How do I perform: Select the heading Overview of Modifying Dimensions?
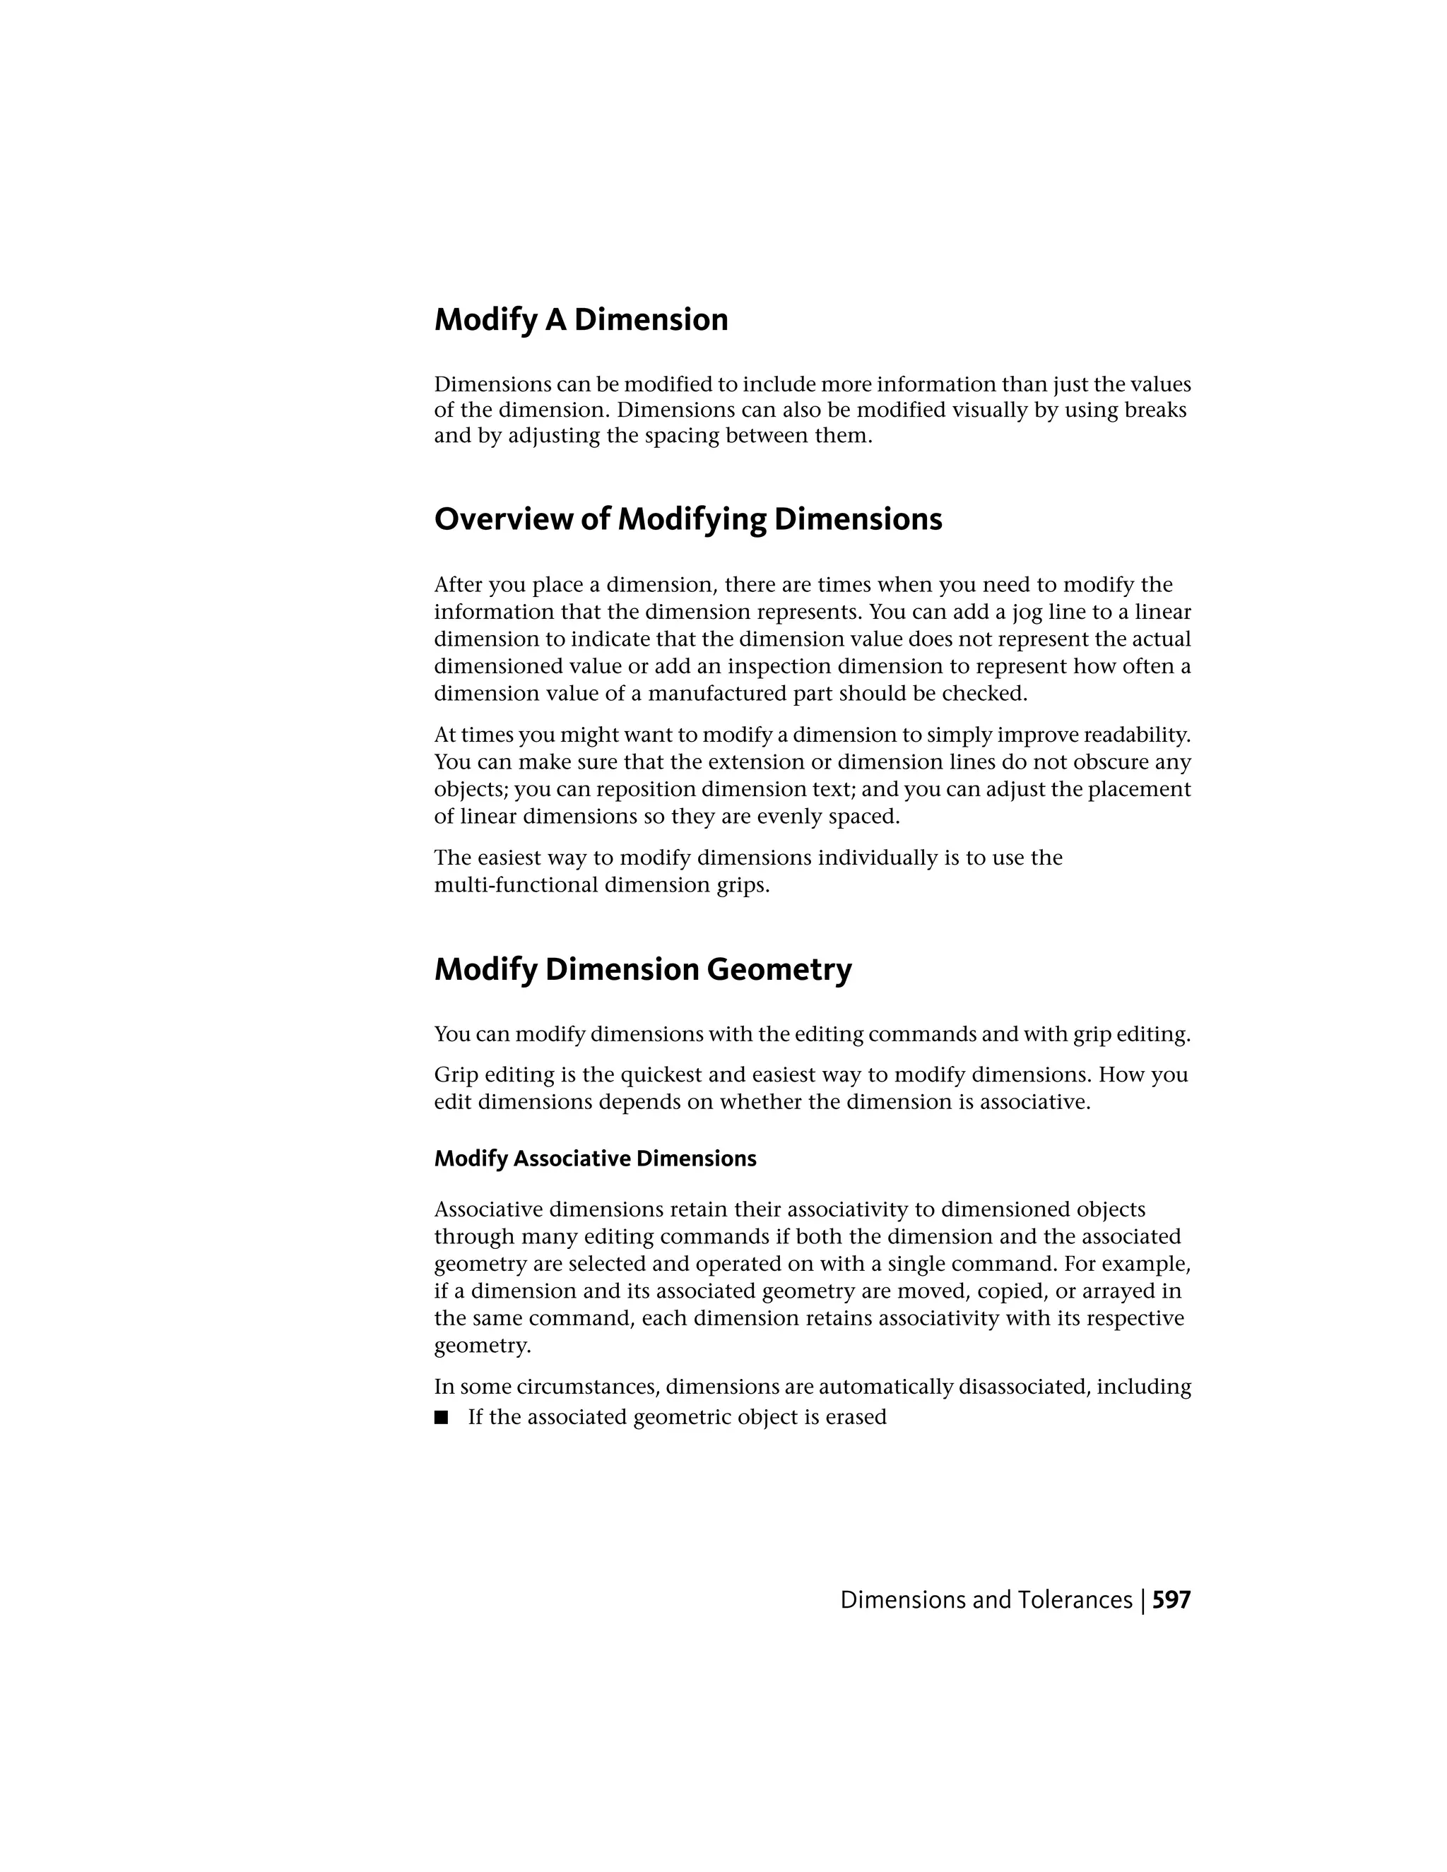687,519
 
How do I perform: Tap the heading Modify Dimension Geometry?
643,969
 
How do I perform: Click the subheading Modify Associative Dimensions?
595,1159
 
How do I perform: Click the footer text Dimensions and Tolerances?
986,1600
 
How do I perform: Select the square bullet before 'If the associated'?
442,1417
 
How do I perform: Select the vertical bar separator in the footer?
1142,1600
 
